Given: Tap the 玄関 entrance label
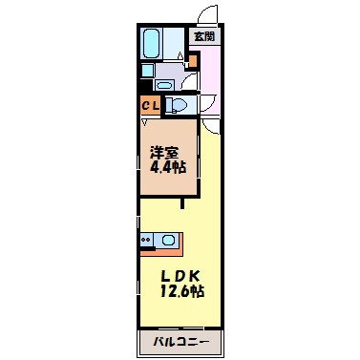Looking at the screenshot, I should tap(204, 36).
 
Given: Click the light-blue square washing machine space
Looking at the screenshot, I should tap(146, 69).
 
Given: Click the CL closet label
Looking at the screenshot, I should tap(151, 105).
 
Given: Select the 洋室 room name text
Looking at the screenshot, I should tap(164, 151).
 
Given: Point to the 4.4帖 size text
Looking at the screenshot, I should tap(166, 167).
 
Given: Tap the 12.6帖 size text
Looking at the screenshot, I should tap(180, 292).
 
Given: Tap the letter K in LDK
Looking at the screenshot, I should tap(195, 276).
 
